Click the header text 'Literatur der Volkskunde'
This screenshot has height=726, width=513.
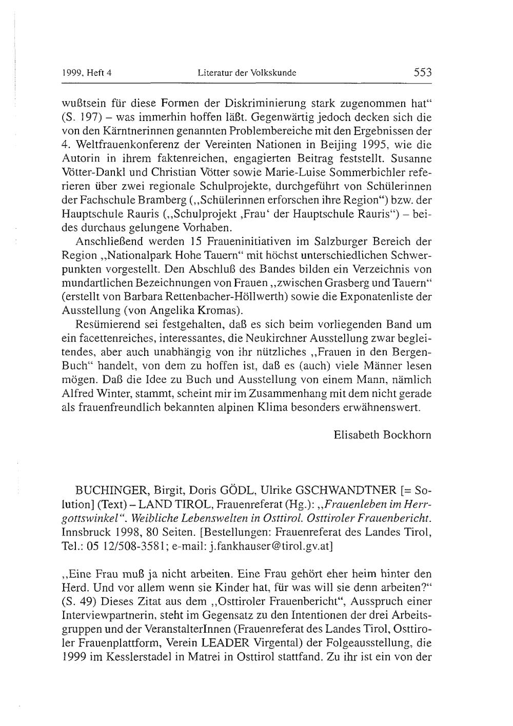pos(247,74)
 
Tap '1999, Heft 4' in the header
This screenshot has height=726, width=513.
pos(86,74)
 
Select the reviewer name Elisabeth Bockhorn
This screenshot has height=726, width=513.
pos(382,435)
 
